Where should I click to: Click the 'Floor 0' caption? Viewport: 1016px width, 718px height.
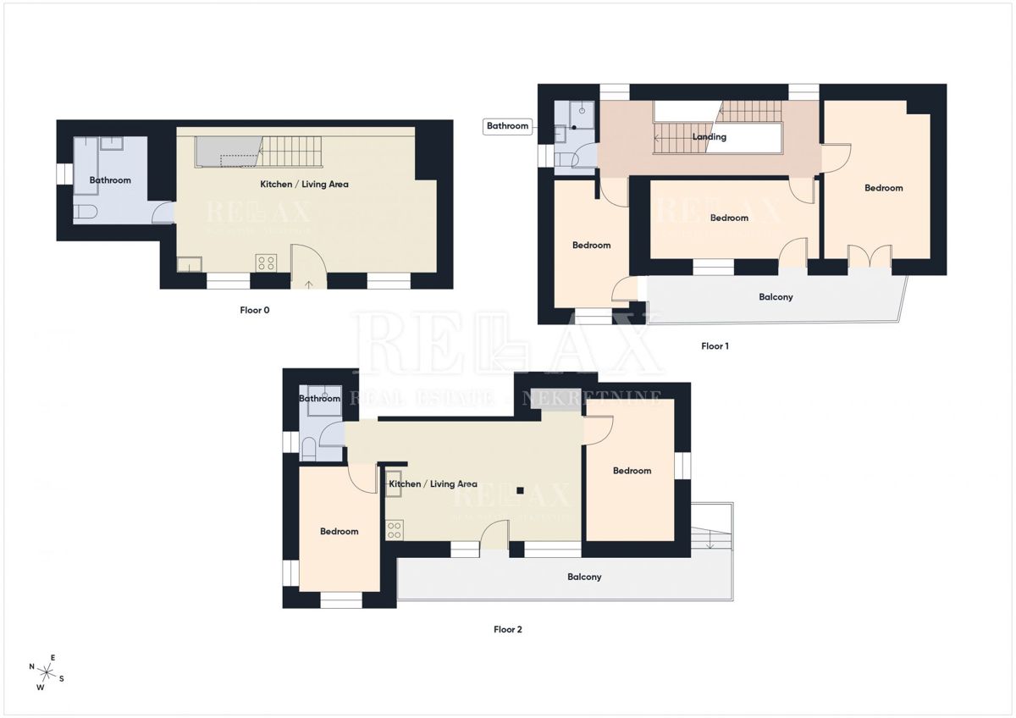[254, 310]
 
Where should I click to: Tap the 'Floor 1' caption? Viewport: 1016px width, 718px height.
[715, 345]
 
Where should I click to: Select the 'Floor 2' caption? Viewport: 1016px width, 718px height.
[508, 629]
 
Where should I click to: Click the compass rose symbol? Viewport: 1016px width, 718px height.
[47, 673]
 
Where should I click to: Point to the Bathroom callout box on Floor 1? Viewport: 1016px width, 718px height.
[507, 126]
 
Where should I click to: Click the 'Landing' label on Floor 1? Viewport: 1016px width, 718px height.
[709, 136]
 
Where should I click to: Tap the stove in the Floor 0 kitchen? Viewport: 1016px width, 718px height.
[265, 262]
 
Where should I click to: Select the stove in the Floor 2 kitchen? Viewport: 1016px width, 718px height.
[394, 531]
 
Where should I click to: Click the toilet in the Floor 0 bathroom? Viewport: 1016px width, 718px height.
[86, 212]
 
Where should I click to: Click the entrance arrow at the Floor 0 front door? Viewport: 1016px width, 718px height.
[309, 284]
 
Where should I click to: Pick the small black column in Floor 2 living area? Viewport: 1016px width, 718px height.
[522, 490]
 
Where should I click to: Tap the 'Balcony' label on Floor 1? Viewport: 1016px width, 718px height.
[776, 297]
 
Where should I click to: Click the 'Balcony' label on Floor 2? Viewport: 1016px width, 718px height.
[584, 577]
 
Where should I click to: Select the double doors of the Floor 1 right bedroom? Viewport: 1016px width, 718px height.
[870, 256]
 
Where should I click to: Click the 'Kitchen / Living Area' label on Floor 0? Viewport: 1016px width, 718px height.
[304, 184]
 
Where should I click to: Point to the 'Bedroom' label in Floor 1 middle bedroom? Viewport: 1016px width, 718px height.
[729, 218]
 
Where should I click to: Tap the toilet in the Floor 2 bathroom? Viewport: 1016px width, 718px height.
[309, 450]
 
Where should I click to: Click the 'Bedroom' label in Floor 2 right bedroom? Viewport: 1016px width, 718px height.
[632, 471]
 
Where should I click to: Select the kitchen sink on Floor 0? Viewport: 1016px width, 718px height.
[188, 264]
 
